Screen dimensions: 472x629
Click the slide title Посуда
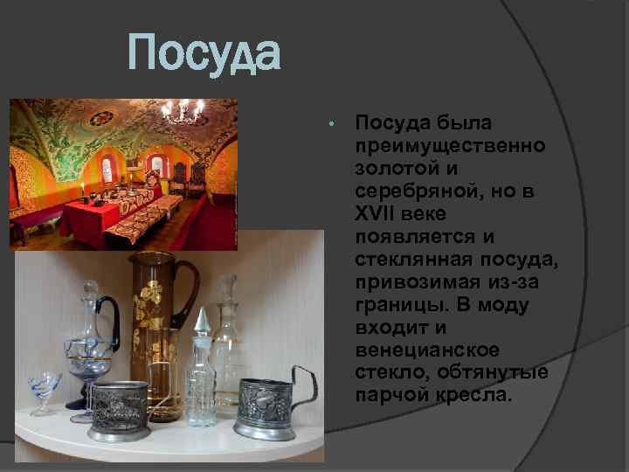(x=204, y=54)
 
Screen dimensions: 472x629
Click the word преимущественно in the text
(x=449, y=144)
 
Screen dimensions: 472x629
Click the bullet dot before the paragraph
(x=331, y=123)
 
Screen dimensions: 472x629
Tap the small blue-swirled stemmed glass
(x=45, y=390)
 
